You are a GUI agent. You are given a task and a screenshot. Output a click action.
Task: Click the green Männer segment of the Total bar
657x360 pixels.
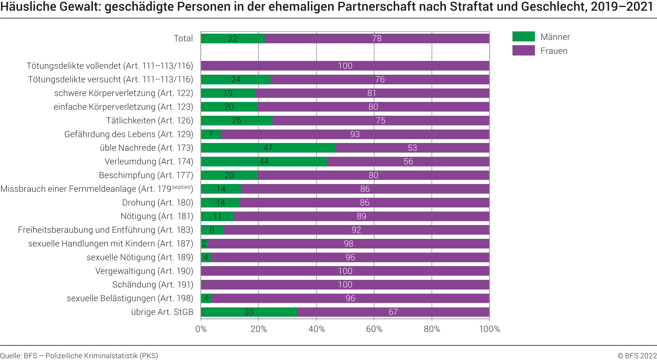point(233,38)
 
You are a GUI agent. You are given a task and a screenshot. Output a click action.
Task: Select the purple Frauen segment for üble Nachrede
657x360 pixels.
point(412,148)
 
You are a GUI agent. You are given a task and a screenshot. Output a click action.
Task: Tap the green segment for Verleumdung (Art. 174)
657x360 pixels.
point(264,162)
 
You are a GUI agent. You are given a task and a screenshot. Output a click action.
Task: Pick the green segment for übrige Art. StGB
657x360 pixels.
point(249,312)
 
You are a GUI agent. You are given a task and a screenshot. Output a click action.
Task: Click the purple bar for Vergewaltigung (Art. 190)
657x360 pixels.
point(345,271)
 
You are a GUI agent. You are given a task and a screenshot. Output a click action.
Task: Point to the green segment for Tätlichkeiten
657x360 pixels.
point(237,121)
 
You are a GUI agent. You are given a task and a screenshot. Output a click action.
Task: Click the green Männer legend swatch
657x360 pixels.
point(523,37)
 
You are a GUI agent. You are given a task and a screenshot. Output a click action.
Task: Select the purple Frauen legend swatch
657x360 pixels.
point(523,51)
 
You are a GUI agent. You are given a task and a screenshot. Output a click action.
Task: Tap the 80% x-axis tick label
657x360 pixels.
point(432,329)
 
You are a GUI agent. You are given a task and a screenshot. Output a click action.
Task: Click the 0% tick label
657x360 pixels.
point(201,329)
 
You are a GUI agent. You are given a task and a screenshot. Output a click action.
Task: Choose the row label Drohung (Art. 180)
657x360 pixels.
point(158,203)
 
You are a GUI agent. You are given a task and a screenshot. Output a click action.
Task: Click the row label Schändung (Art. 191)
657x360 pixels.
point(153,285)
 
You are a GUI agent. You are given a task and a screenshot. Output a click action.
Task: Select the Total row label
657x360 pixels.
point(183,38)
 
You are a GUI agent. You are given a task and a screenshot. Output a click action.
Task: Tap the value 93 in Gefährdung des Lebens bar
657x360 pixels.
point(355,134)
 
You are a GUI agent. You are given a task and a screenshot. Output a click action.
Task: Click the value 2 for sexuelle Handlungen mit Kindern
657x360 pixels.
point(204,244)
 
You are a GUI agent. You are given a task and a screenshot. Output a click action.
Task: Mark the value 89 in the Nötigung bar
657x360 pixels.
point(362,216)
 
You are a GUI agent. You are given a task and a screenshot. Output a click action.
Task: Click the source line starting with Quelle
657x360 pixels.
point(79,356)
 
